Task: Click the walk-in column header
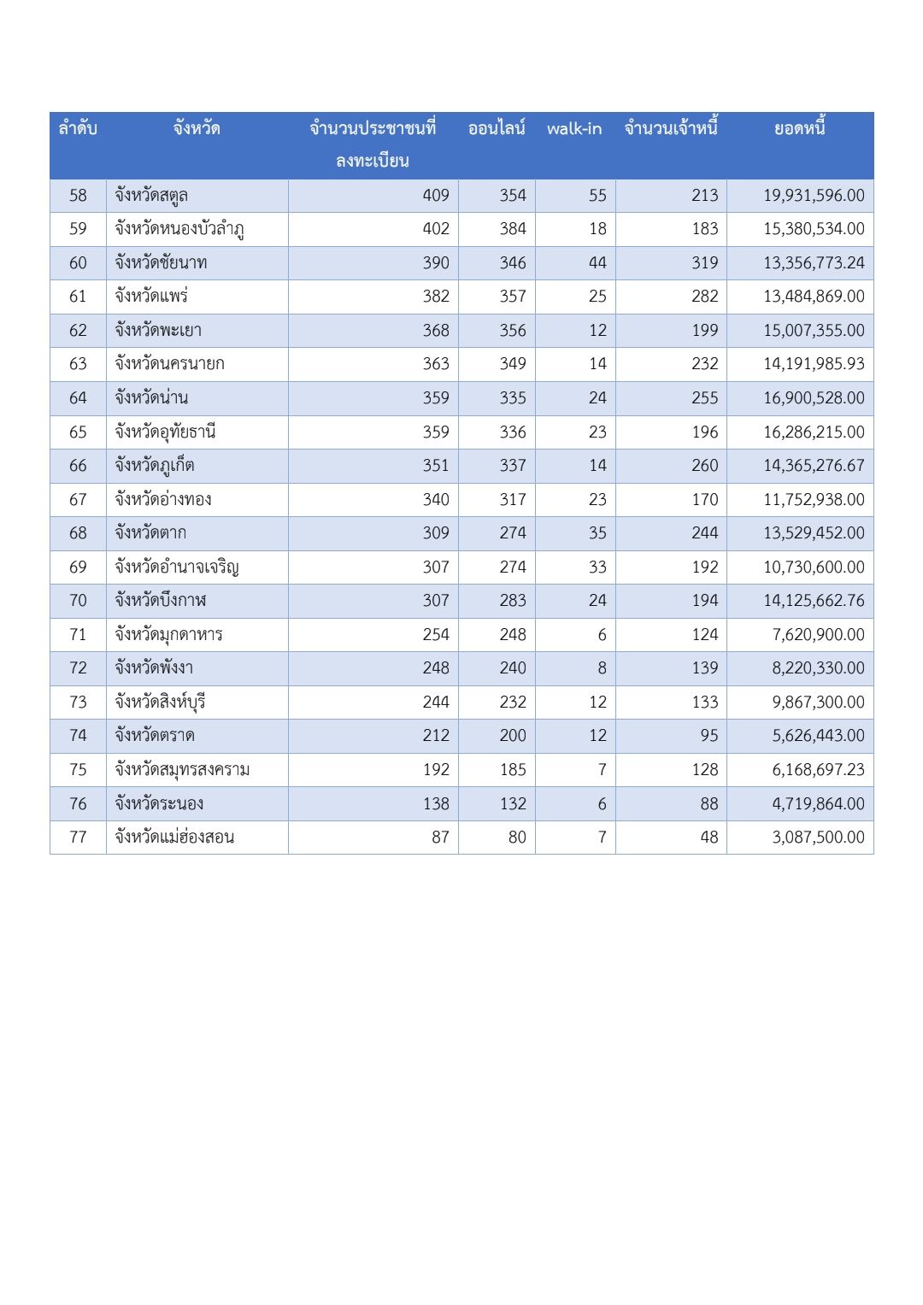pos(574,129)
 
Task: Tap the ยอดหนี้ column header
pos(800,129)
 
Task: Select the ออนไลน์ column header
pos(497,129)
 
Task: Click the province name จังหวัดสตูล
pos(152,196)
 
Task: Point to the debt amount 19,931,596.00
pos(814,196)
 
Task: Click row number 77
pos(78,838)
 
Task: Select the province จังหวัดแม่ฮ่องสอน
pos(175,838)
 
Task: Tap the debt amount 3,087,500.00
pos(818,838)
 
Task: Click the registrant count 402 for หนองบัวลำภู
pos(436,229)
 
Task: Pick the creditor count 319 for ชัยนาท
pos(704,263)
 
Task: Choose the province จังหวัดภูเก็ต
pos(156,466)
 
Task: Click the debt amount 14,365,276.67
pos(814,466)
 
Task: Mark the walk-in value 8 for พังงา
pos(602,668)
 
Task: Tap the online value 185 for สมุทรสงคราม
pos(513,770)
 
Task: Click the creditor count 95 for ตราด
pos(709,736)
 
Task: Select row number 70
pos(78,601)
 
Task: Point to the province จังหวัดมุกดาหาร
pos(169,635)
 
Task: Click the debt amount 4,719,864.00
pos(818,804)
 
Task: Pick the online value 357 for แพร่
pos(513,297)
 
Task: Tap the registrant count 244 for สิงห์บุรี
pos(436,702)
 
